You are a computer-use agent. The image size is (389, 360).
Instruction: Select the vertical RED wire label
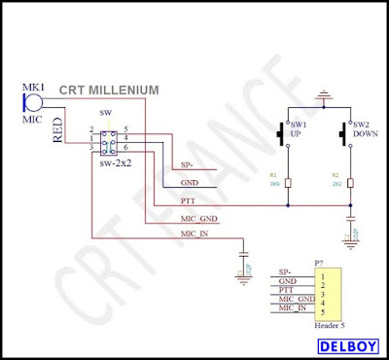pyautogui.click(x=57, y=128)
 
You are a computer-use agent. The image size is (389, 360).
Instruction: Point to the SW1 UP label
pyautogui.click(x=300, y=130)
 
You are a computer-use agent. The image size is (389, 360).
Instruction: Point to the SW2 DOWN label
pyautogui.click(x=364, y=130)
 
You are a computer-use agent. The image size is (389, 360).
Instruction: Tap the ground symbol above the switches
pyautogui.click(x=323, y=97)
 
